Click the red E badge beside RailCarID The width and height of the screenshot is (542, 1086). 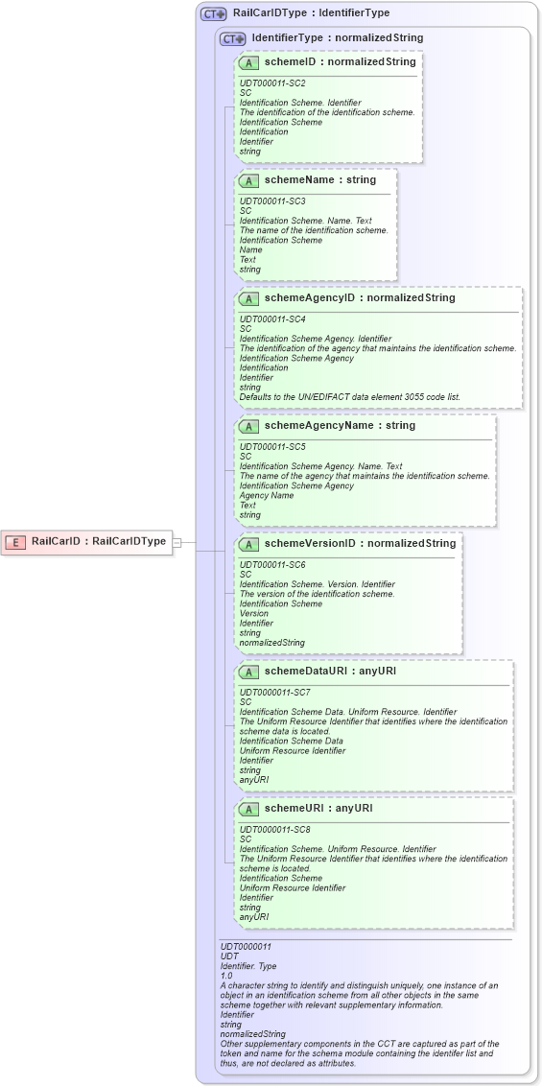coord(15,542)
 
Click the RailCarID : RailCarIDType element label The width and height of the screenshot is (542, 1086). coord(99,541)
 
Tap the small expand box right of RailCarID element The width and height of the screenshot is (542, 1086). coord(177,542)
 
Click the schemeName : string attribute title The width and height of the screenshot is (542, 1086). coord(320,179)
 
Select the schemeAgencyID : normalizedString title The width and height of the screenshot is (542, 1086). coord(360,297)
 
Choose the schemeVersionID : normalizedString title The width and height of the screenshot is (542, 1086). coord(360,543)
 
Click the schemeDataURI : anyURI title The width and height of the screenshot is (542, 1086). coord(331,671)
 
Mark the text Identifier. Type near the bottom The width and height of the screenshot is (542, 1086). coord(248,966)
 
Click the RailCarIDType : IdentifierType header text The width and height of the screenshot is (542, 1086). coord(311,13)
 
